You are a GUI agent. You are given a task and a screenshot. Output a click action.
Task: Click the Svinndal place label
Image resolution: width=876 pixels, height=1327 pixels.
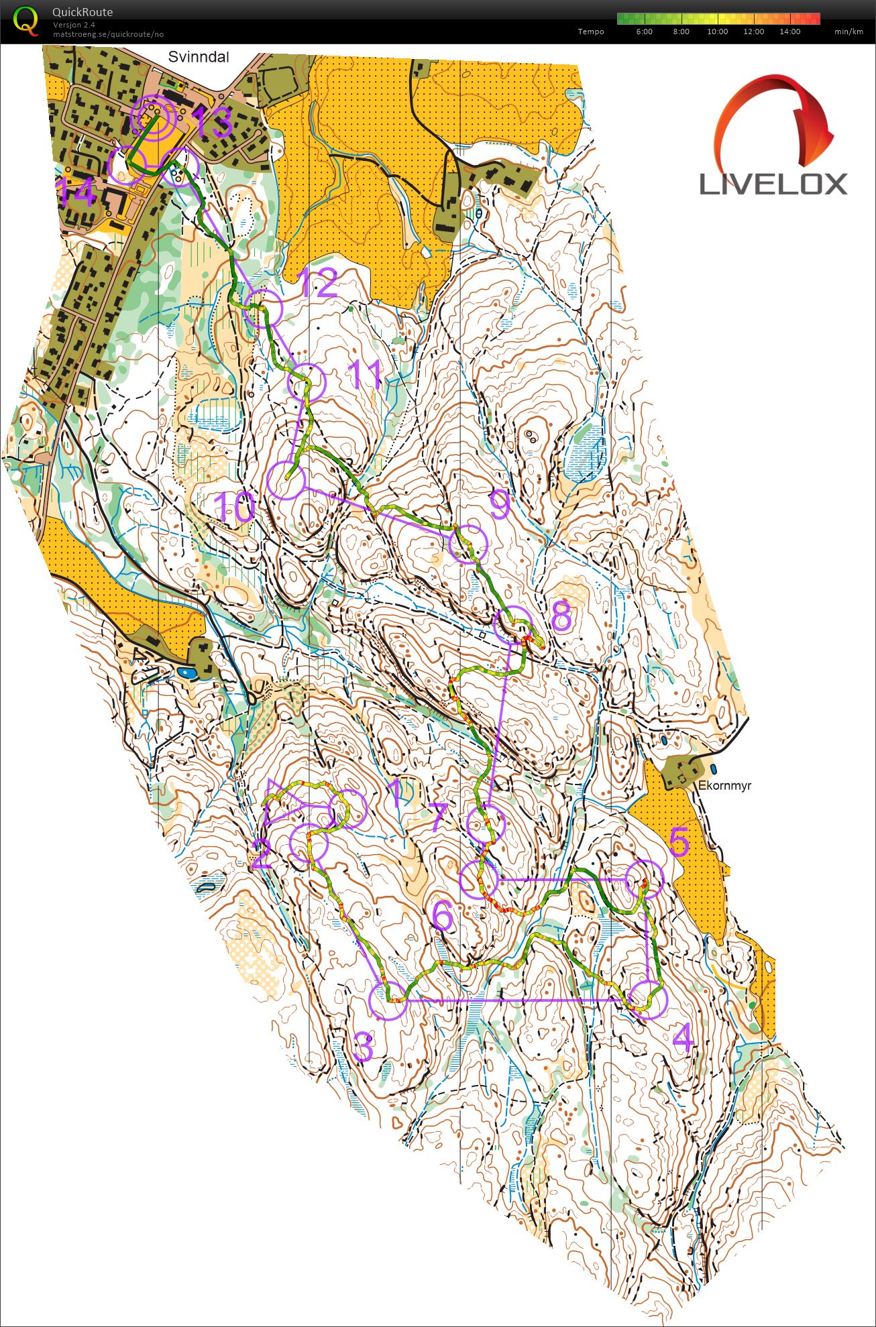tap(198, 57)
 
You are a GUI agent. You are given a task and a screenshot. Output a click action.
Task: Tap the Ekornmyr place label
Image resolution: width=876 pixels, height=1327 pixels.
tap(724, 785)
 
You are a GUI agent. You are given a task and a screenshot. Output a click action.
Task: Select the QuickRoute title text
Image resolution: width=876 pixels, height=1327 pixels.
tap(83, 12)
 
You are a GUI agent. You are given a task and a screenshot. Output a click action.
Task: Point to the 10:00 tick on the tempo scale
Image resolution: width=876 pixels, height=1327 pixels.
tap(717, 32)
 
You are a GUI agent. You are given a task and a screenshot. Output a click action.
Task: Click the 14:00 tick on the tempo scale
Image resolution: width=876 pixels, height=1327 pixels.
tap(789, 32)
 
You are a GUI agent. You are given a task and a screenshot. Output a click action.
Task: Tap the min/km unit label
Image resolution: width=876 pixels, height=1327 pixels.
tap(848, 32)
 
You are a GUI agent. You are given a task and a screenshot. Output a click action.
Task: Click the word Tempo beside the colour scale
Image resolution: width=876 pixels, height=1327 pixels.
tap(590, 32)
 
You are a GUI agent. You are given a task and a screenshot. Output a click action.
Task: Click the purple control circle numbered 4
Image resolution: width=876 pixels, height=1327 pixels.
tap(649, 999)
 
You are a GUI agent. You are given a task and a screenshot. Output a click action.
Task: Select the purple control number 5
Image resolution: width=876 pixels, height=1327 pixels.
tap(679, 842)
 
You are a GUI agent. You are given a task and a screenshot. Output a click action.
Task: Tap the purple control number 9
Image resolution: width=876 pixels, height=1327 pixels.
tap(500, 504)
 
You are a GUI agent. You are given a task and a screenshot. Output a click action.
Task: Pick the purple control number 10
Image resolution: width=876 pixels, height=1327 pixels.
tap(235, 508)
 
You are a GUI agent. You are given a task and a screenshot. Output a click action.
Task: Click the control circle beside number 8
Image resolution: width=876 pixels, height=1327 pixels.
tap(513, 624)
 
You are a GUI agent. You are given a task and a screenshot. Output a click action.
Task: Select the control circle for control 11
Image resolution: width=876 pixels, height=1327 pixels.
tap(306, 383)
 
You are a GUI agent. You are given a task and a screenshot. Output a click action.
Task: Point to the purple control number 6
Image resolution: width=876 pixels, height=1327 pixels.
tap(443, 916)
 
